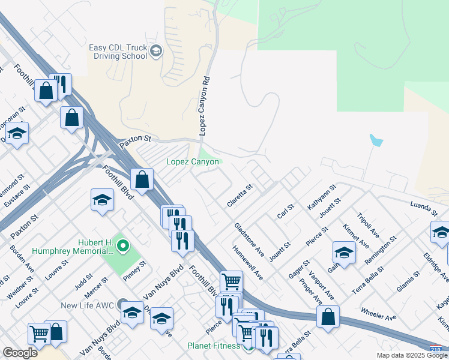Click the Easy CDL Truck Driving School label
pos(118,52)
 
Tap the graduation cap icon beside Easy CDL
pos(156,52)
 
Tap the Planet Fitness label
pos(214,346)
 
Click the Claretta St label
pos(240,196)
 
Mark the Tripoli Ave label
pos(368,224)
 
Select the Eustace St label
pos(18,199)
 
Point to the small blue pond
pos(376,141)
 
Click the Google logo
pos(20,353)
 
